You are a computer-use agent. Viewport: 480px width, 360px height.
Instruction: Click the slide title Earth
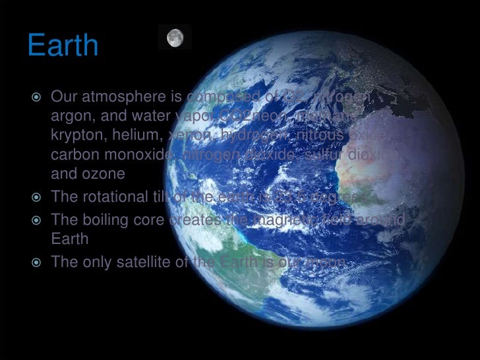tap(63, 46)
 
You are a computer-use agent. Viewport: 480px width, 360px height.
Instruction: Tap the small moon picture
tap(175, 38)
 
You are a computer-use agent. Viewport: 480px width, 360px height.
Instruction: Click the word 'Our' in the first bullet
tap(63, 98)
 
